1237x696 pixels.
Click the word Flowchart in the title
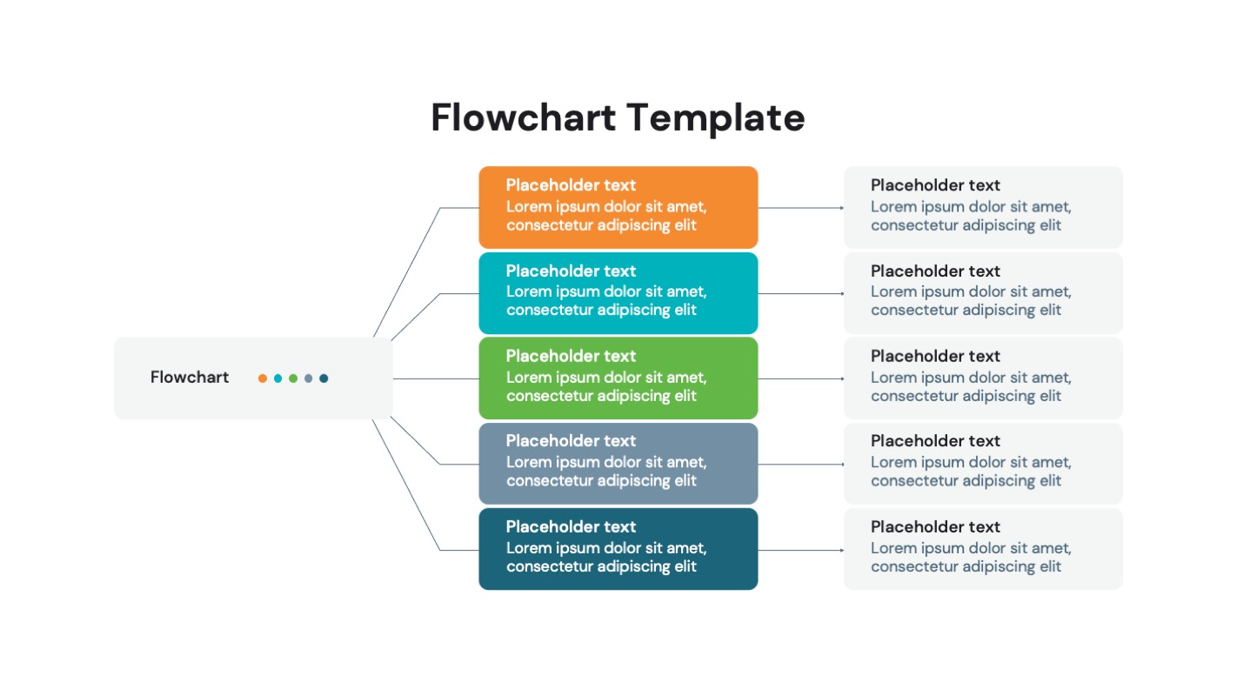[522, 118]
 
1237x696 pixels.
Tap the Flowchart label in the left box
[190, 378]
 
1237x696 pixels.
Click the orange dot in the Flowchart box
[262, 378]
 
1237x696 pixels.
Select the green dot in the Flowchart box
[293, 378]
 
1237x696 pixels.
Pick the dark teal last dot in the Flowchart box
[324, 378]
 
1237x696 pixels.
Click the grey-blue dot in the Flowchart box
[308, 378]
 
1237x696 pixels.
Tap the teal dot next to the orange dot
[277, 378]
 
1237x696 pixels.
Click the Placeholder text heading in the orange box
[571, 185]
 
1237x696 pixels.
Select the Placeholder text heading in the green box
[571, 356]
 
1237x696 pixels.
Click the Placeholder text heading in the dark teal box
[571, 526]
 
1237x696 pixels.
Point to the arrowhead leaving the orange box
[841, 208]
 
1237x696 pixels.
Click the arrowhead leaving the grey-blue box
[841, 464]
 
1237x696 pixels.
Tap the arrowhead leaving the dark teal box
[841, 550]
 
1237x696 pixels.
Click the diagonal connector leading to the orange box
[407, 271]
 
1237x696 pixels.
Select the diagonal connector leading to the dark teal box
[406, 485]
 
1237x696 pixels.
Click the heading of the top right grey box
[935, 185]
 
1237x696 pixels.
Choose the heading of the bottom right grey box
[935, 526]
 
